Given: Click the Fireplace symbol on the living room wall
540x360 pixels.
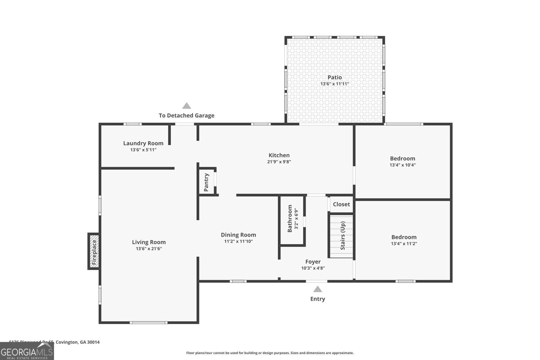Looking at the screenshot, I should pyautogui.click(x=94, y=251).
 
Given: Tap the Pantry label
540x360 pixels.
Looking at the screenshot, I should pyautogui.click(x=207, y=182).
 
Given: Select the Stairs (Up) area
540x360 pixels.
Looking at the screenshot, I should pyautogui.click(x=342, y=236).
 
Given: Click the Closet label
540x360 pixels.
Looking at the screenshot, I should pyautogui.click(x=341, y=204).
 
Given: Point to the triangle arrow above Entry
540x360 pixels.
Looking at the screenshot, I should pyautogui.click(x=317, y=289).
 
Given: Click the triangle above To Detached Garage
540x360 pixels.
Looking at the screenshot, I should pyautogui.click(x=187, y=106).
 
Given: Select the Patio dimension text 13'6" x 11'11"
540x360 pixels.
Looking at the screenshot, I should pyautogui.click(x=334, y=84).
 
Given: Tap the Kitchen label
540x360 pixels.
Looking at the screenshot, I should pyautogui.click(x=279, y=155).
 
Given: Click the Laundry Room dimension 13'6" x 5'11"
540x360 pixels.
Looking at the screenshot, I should pyautogui.click(x=143, y=150).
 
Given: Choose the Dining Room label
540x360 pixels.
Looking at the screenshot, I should pyautogui.click(x=238, y=235).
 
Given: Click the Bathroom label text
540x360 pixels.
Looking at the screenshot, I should pyautogui.click(x=290, y=219).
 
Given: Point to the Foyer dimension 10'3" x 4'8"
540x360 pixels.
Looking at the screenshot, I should pyautogui.click(x=313, y=268).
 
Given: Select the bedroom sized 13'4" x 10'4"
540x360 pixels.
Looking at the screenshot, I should pyautogui.click(x=402, y=161).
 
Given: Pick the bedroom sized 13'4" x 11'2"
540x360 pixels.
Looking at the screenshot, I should pyautogui.click(x=404, y=240).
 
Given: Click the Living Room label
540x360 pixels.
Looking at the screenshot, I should pyautogui.click(x=148, y=242).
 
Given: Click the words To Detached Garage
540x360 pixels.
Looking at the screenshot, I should pyautogui.click(x=187, y=115).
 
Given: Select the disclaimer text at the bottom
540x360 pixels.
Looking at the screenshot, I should pyautogui.click(x=270, y=353).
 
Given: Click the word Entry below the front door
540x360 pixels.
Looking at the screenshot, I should pyautogui.click(x=318, y=299).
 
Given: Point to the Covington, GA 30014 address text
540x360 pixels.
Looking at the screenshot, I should pyautogui.click(x=77, y=342).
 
